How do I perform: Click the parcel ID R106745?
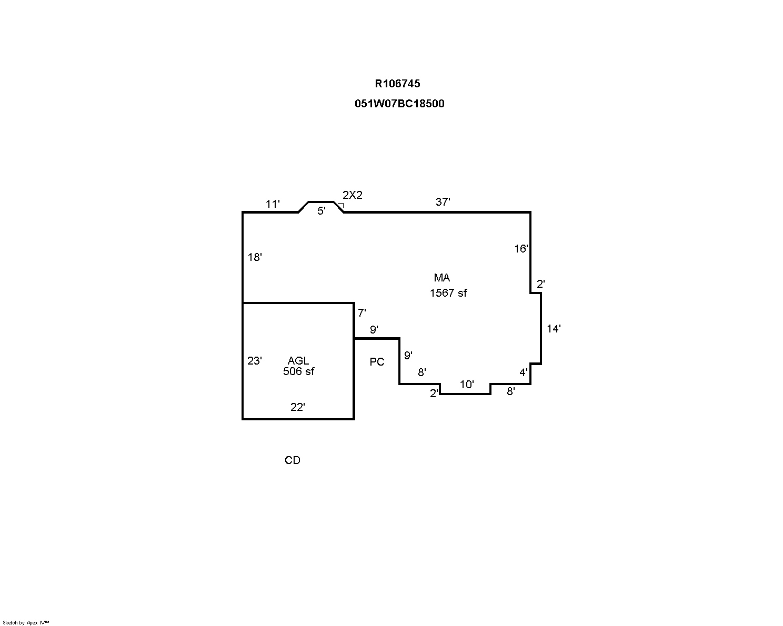coord(397,84)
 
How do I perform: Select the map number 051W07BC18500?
coord(399,104)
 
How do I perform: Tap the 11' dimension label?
coord(273,204)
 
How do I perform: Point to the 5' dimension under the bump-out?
coord(321,211)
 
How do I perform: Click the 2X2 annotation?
coord(353,195)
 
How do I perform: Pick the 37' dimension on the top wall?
coord(443,201)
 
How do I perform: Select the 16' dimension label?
coord(521,249)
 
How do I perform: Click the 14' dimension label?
coord(554,329)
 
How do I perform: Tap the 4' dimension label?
coord(524,372)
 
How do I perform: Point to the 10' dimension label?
coord(467,385)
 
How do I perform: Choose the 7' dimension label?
coord(362,313)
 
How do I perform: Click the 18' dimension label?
coord(255,257)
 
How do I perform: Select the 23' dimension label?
coord(255,361)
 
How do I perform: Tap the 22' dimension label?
coord(298,407)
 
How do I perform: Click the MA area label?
coord(442,278)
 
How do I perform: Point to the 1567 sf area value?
coord(448,293)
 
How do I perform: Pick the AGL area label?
coord(298,361)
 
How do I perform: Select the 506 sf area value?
coord(298,371)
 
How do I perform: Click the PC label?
coord(377,362)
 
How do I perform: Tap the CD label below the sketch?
coord(293,460)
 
